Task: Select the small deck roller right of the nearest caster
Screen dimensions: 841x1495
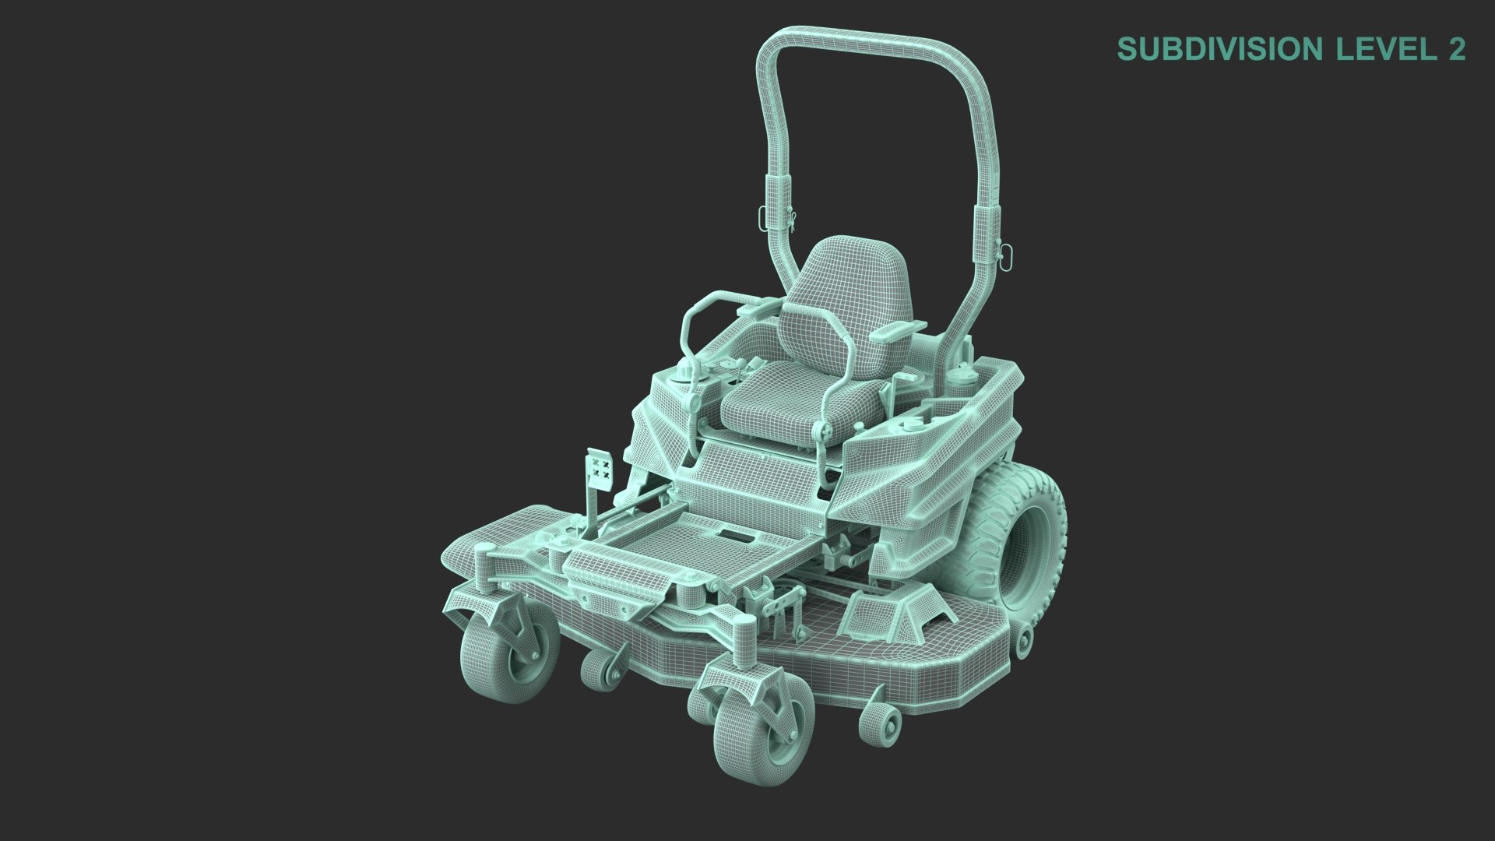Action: [x=881, y=724]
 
